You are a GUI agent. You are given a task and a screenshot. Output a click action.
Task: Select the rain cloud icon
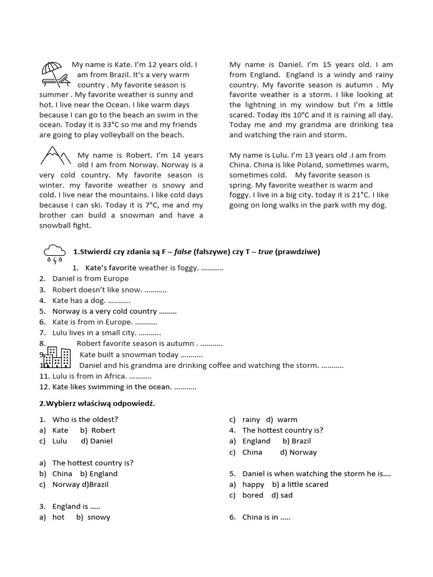coord(55,253)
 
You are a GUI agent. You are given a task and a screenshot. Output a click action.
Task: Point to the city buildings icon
coord(57,357)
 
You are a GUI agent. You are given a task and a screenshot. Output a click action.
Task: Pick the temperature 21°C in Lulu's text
coord(347,195)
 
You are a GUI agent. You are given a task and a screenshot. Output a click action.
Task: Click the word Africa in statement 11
coord(114,376)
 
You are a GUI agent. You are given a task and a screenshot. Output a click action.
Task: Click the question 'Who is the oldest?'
coord(85,419)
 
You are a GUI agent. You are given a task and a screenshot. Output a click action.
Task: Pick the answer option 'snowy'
coord(99,517)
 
